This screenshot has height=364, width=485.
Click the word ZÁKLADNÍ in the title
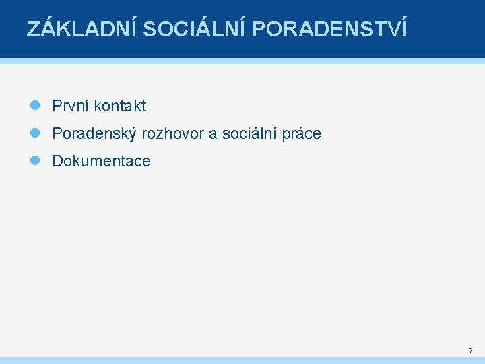tap(81, 30)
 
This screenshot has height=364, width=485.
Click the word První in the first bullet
tap(71, 106)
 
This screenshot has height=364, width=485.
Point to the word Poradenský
tap(94, 134)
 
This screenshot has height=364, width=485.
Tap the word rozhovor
tap(172, 134)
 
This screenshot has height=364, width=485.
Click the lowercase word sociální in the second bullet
tap(249, 133)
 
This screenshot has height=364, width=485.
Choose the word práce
tap(302, 134)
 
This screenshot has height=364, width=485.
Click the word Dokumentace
tap(101, 161)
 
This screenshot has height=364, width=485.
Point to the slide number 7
tap(470, 351)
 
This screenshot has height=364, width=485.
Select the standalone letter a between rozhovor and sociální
tap(213, 135)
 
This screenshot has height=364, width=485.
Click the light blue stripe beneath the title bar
tap(243, 61)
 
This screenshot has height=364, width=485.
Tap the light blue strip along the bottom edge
tap(243, 361)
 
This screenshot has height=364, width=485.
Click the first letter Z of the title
tap(32, 30)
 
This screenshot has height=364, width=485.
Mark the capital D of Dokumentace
tap(57, 161)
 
